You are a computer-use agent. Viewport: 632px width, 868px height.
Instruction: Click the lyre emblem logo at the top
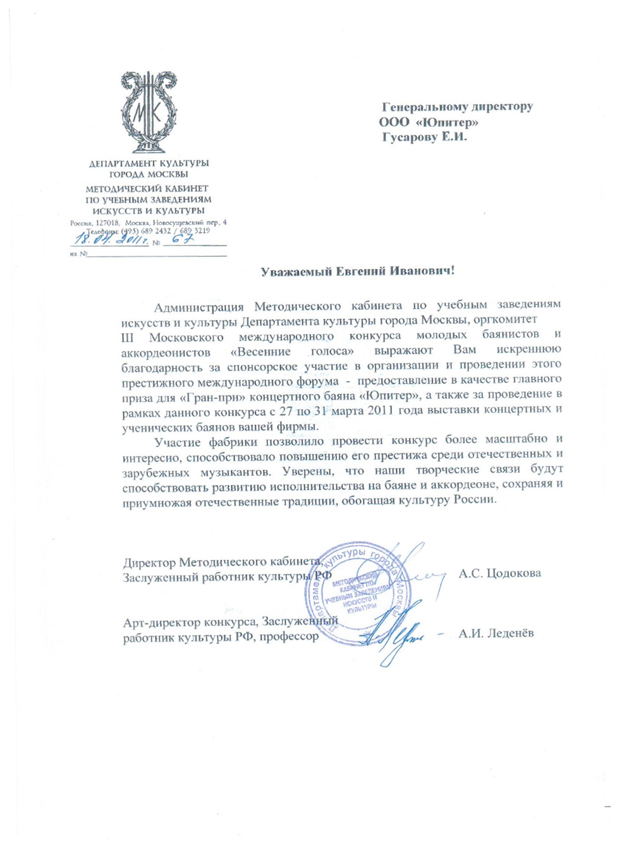(x=149, y=112)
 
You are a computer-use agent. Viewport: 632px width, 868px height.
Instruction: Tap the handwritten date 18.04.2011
(x=111, y=239)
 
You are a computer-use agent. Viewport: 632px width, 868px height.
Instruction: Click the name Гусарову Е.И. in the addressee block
(x=424, y=137)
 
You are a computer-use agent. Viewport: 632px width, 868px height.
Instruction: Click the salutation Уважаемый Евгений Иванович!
(x=358, y=271)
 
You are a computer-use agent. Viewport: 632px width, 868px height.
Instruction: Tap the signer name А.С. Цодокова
(x=499, y=573)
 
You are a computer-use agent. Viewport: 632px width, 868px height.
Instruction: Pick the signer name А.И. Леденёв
(x=496, y=633)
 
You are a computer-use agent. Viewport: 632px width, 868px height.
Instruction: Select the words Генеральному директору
(x=457, y=107)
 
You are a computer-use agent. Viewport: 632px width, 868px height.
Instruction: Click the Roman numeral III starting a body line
(x=127, y=336)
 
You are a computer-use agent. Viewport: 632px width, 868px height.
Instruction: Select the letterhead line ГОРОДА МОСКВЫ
(x=149, y=174)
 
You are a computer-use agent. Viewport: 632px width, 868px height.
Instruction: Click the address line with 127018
(x=149, y=223)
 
